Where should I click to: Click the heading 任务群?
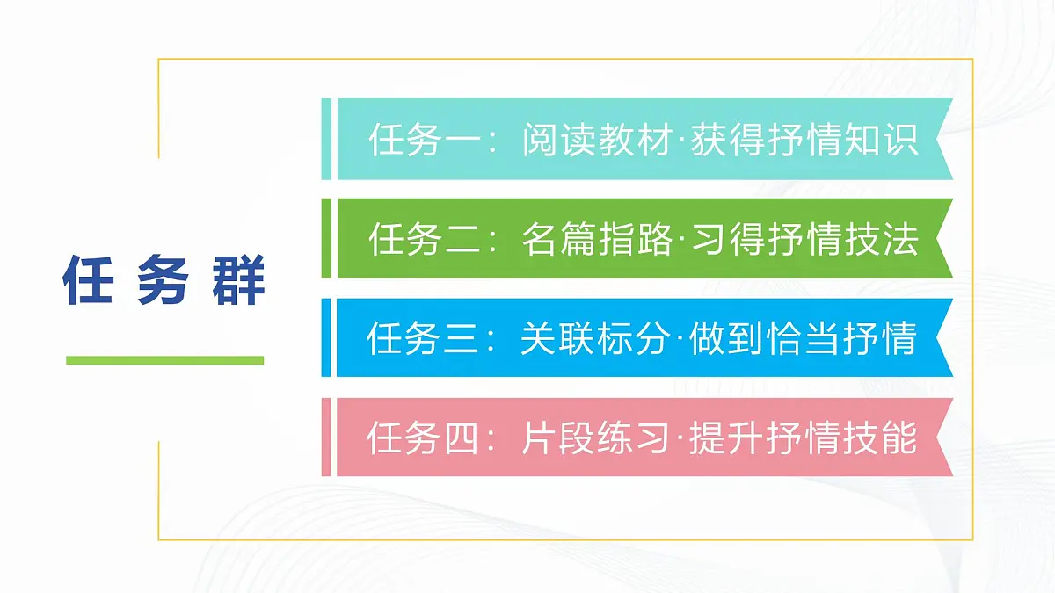[164, 280]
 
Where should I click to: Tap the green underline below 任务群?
[165, 360]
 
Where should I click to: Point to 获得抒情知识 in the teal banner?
[804, 140]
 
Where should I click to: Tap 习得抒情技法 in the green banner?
[804, 239]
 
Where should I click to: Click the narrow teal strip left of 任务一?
[326, 139]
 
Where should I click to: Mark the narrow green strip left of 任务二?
[326, 238]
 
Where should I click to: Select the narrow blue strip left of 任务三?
[326, 337]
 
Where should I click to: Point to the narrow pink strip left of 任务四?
[326, 437]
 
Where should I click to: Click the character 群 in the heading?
[239, 280]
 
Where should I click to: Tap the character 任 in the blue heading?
[89, 280]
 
